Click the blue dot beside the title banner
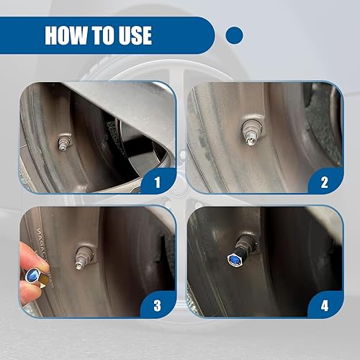pos(234,35)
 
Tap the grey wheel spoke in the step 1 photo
pos(144,108)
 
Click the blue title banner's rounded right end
pos(205,35)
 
